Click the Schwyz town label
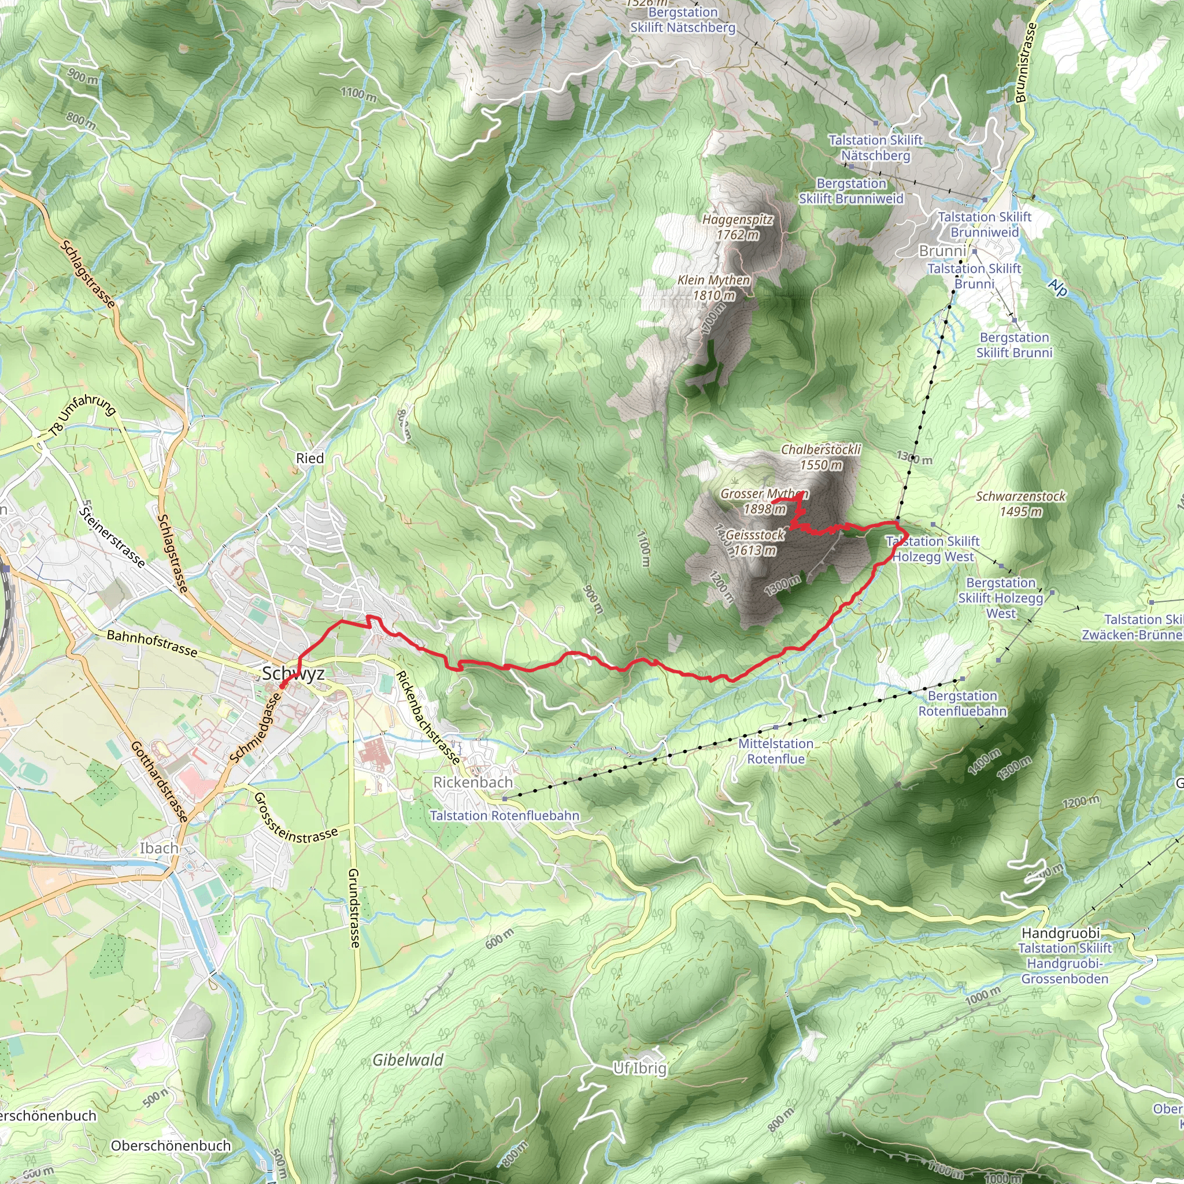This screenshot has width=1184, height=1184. pos(293,674)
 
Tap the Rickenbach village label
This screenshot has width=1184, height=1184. pos(472,782)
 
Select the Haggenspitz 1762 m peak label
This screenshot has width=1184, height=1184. pos(737,227)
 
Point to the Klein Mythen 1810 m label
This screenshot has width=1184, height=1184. pos(713,287)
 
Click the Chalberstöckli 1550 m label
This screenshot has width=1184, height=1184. pos(820,457)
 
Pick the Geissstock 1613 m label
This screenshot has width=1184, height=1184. pos(755,542)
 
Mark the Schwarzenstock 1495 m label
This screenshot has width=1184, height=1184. pos(1020,504)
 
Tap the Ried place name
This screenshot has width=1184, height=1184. pos(309,458)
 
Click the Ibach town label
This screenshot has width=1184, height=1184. pos(160,848)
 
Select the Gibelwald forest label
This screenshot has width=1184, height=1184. pos(408,1060)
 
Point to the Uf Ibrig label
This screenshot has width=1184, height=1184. pos(640,1068)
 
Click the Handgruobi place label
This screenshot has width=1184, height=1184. pos(1060,933)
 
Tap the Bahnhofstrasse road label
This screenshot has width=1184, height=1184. pos(152,643)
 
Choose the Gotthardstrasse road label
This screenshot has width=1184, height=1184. pos(160,780)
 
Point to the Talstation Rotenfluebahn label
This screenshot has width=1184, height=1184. pos(504,816)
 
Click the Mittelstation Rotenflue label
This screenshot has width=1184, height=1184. pos(775,751)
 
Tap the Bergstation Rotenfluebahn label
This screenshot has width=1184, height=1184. pos(962,703)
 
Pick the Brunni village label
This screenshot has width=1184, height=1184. pos(942,251)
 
